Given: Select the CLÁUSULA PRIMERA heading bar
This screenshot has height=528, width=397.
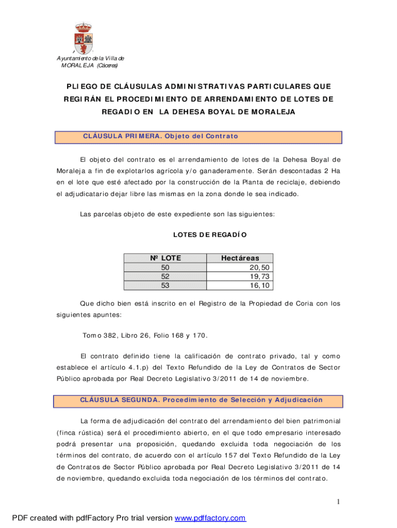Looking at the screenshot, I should pos(199,137).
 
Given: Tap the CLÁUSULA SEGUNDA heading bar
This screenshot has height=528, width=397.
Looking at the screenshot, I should pos(199,400).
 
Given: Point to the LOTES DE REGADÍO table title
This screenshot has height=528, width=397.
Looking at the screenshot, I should pos(210,235).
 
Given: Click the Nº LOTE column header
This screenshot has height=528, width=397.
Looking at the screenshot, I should pos(165,258).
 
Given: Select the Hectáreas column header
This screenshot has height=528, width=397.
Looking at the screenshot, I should pos(240,258).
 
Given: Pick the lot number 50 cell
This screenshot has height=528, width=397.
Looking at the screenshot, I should pos(165,268).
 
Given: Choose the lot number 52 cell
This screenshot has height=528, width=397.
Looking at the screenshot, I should pos(165,276).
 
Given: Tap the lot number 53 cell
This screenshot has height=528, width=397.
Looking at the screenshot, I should pos(165,285).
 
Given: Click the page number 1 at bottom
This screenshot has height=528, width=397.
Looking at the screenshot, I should pos(338,502).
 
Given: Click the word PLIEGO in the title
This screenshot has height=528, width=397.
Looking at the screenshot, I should pos(80,86).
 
